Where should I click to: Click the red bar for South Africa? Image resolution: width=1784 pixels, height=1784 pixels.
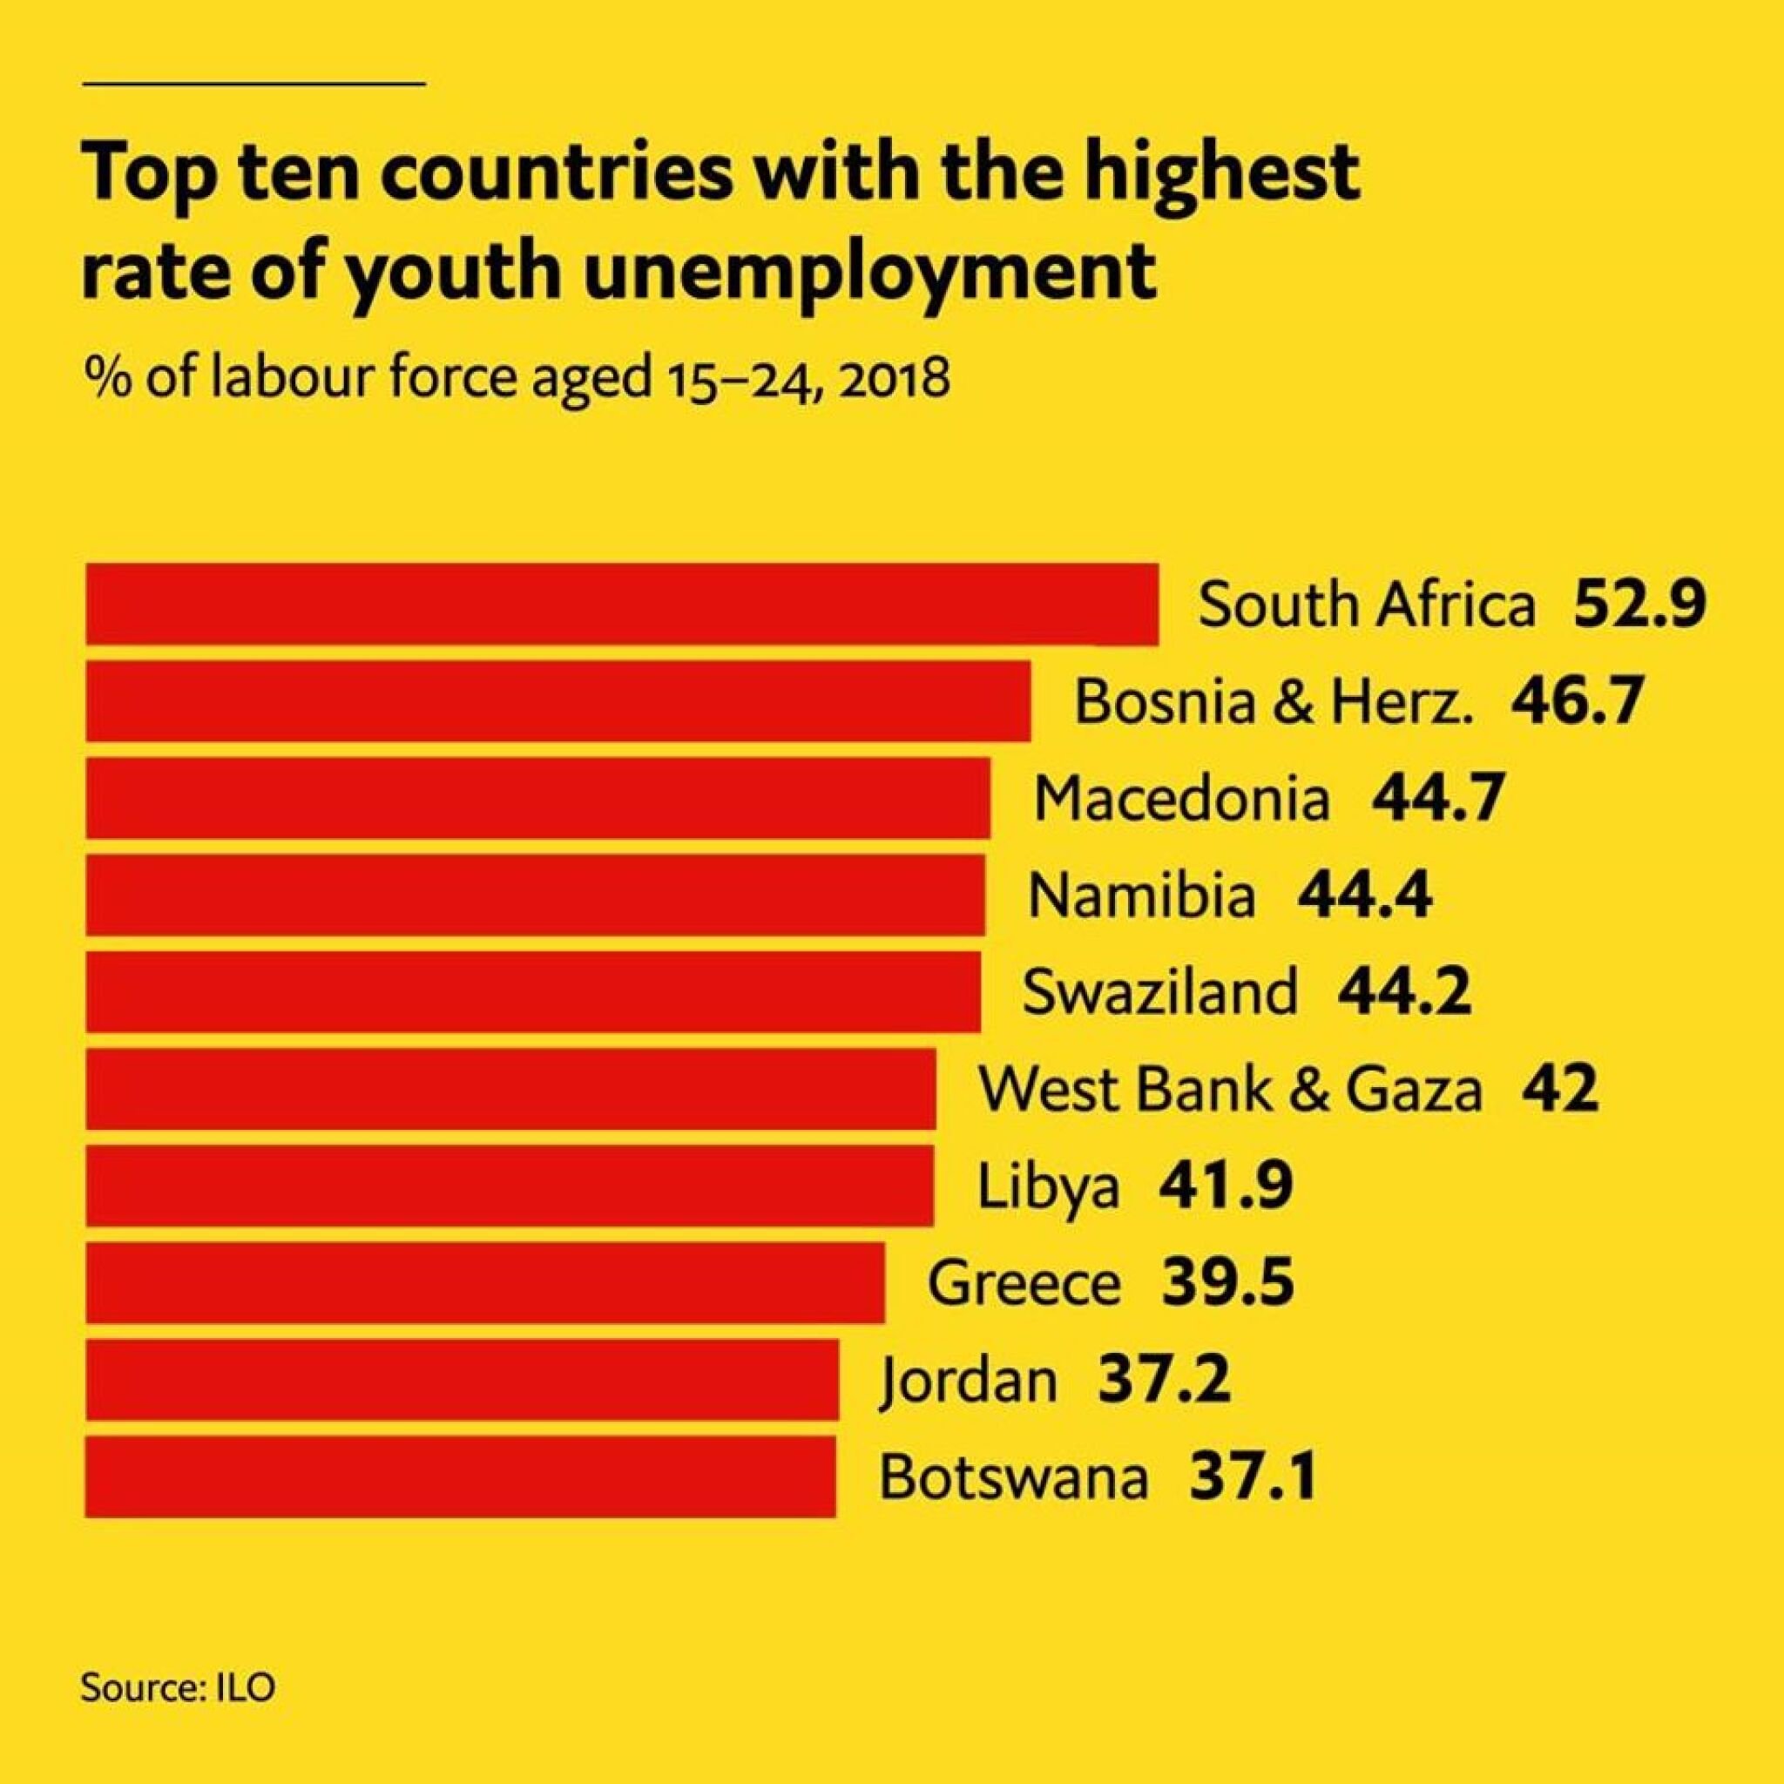coord(621,603)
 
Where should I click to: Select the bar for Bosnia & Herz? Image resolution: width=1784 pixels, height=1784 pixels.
coord(557,700)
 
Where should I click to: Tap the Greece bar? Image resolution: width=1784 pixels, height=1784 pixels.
coord(485,1282)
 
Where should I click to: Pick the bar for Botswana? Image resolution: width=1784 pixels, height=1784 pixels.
coord(460,1477)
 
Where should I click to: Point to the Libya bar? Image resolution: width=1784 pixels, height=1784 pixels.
coord(509,1186)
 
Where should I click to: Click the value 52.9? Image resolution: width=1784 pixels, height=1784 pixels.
coord(1639,605)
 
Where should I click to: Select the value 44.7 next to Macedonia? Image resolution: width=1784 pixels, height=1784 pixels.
coord(1437,798)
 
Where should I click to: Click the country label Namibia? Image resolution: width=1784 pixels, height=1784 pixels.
coord(1142,895)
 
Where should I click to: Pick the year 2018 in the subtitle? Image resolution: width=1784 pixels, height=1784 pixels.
coord(895,379)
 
